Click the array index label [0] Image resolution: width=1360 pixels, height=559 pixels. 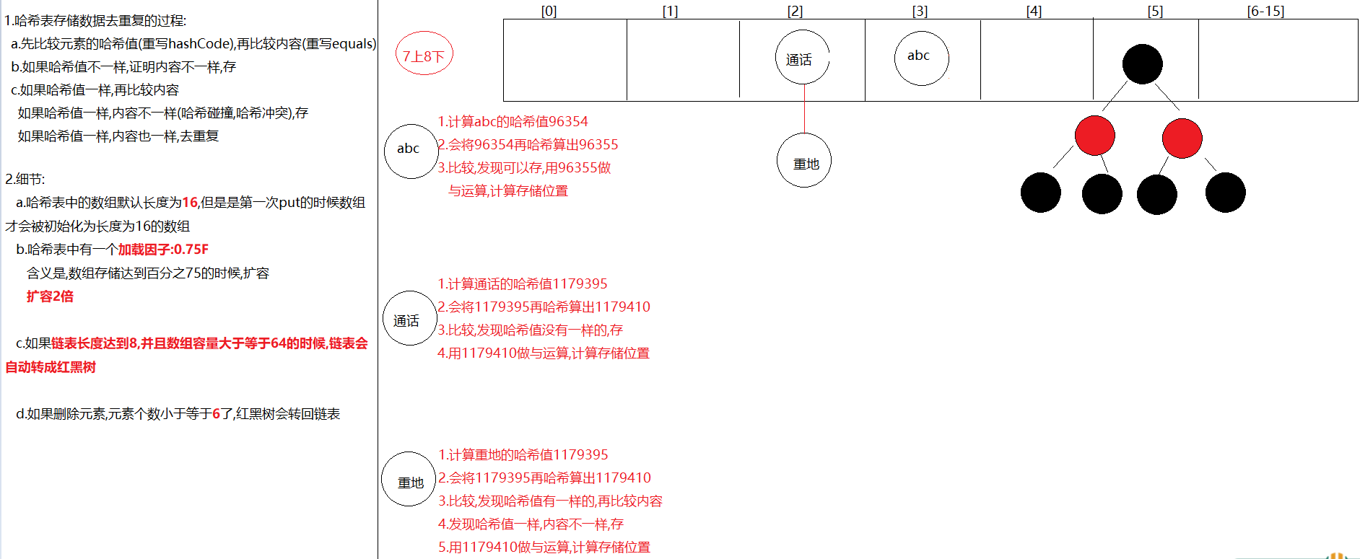(x=549, y=11)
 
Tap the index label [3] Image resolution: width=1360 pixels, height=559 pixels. (x=920, y=11)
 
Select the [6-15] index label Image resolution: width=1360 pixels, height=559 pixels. (x=1265, y=11)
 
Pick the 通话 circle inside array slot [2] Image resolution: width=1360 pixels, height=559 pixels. (x=803, y=57)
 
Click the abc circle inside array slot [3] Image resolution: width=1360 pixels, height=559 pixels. (x=922, y=58)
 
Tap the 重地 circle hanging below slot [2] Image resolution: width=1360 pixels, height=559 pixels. (x=804, y=160)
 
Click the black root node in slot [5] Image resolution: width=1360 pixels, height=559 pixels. (x=1143, y=64)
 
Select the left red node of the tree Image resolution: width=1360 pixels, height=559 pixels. (x=1094, y=136)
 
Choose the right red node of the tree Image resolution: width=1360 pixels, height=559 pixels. (x=1182, y=138)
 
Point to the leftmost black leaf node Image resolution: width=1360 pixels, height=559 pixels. (x=1041, y=193)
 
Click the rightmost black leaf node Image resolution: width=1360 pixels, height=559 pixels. (x=1226, y=193)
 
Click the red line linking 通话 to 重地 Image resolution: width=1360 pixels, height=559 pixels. (x=804, y=109)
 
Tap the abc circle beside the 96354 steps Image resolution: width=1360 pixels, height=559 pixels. (x=411, y=151)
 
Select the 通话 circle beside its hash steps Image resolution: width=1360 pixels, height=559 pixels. (x=409, y=318)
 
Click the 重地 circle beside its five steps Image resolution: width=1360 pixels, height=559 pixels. (x=409, y=479)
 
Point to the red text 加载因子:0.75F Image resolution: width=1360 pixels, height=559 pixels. (x=163, y=250)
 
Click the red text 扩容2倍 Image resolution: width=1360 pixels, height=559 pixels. (x=50, y=296)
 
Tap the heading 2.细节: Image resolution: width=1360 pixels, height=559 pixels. (x=25, y=180)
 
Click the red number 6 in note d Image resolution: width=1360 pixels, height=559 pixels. (x=217, y=414)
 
